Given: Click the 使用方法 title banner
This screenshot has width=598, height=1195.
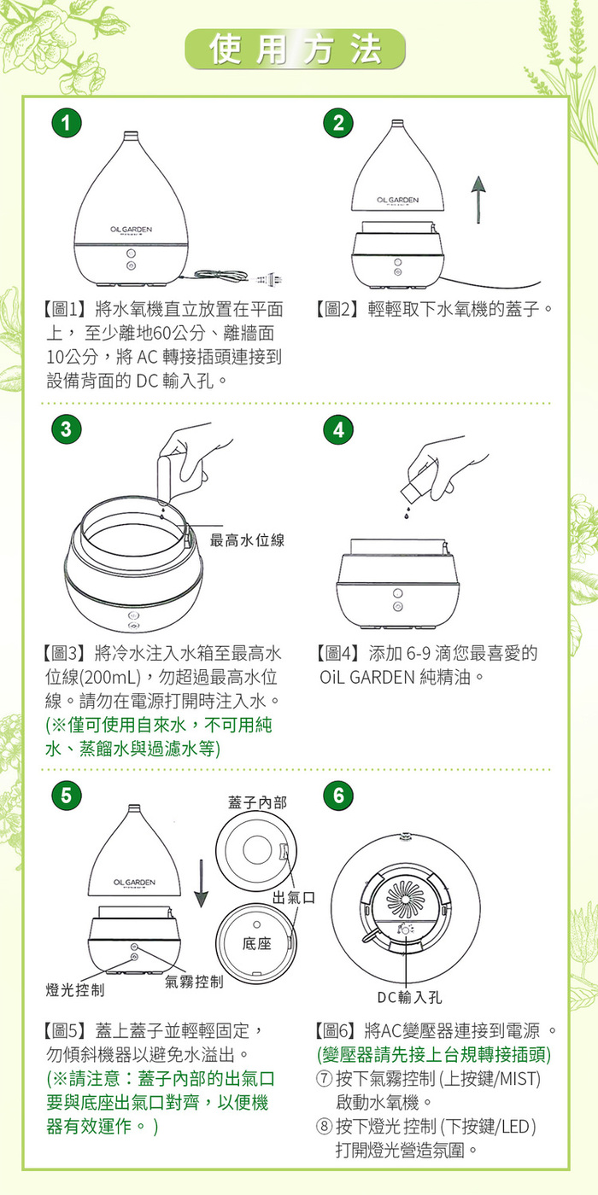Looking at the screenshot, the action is (296, 50).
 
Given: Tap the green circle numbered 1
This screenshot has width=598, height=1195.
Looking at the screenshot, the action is (67, 123).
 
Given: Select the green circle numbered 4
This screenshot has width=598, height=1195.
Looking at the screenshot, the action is (338, 429).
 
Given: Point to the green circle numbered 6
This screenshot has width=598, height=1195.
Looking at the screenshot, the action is (338, 796).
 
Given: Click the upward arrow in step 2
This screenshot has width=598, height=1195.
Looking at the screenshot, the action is (478, 200).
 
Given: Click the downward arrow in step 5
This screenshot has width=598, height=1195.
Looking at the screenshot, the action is (201, 883).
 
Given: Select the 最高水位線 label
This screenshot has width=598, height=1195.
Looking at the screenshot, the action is (247, 540).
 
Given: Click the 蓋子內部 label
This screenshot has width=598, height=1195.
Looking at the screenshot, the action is (257, 802).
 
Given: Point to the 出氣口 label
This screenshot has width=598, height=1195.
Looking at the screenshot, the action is (294, 897).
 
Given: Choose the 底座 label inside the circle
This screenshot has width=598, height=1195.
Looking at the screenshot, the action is (257, 944).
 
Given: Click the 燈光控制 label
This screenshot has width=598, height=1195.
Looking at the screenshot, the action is (75, 990).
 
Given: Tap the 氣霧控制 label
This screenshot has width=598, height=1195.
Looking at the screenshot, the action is (194, 982).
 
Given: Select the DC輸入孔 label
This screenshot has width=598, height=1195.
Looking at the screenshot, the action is (409, 997).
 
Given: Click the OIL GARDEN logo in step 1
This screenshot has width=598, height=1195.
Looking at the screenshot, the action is (131, 230).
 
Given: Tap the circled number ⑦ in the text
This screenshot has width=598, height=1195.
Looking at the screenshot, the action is (324, 1079).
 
